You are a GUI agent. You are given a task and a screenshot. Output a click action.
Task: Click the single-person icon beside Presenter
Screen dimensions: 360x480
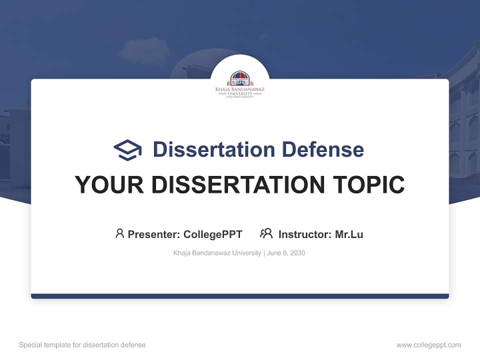[119, 233]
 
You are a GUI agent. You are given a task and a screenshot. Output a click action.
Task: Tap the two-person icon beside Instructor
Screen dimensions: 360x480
[266, 233]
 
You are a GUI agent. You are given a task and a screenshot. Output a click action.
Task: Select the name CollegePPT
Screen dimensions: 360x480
[213, 234]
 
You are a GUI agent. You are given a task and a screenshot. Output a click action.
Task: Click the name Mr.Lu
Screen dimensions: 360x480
[349, 234]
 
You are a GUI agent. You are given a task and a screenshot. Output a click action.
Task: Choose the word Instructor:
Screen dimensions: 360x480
[305, 234]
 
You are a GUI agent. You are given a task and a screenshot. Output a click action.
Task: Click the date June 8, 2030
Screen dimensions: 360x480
[286, 253]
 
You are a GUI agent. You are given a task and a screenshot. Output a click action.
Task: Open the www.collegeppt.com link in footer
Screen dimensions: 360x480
[428, 345]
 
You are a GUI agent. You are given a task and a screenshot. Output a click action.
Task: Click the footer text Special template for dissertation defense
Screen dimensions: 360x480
[82, 345]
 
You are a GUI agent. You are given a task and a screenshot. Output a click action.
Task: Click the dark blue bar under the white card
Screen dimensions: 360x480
[240, 296]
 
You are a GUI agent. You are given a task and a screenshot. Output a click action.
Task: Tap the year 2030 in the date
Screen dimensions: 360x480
[297, 253]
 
